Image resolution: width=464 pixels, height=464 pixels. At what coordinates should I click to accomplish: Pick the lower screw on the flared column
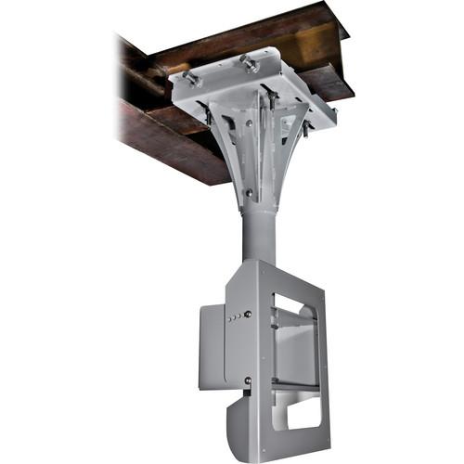[x=249, y=194]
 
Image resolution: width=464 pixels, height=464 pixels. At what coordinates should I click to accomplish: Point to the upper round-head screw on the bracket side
[x=247, y=314]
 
